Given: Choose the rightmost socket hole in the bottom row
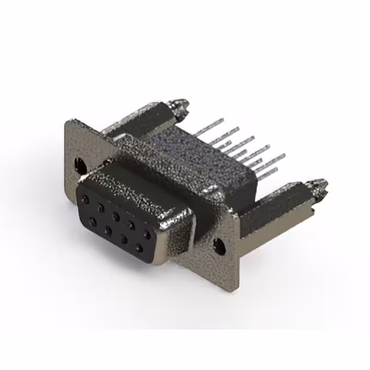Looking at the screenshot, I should tap(139, 249).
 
